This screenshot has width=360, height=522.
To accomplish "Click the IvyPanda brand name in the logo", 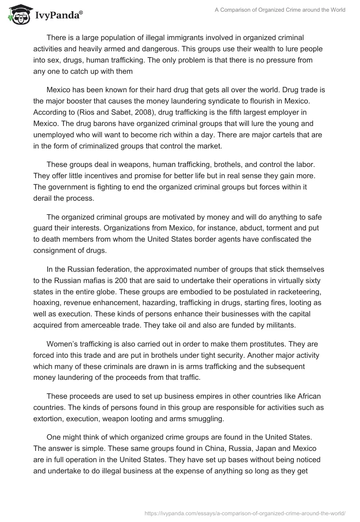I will pyautogui.click(x=58, y=16).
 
